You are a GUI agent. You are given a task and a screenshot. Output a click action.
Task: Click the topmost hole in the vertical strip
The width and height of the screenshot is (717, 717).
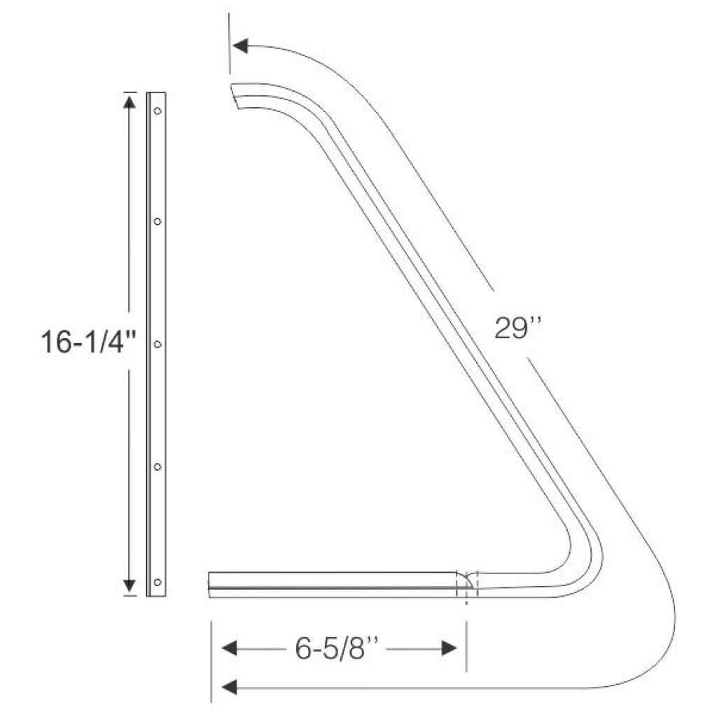(x=158, y=111)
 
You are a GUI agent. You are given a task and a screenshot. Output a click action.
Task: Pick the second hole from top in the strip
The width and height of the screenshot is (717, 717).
(x=158, y=221)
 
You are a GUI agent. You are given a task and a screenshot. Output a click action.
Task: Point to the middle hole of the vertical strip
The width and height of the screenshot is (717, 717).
(x=158, y=344)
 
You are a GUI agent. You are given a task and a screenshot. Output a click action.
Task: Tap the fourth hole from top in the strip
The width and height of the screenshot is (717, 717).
(x=158, y=467)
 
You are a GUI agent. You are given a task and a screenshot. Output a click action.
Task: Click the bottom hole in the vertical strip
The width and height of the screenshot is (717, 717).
(x=158, y=582)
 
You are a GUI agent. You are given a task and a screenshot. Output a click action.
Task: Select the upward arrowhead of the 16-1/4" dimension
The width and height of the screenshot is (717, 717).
(x=130, y=101)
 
